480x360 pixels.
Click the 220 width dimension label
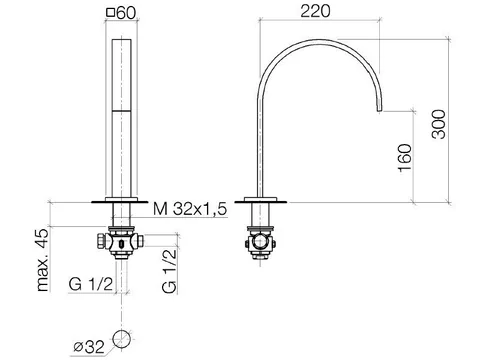(x=315, y=11)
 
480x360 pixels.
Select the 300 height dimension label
(x=438, y=124)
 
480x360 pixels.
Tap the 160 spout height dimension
(x=405, y=158)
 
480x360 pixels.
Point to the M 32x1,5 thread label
(x=190, y=209)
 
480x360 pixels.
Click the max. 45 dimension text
(x=43, y=260)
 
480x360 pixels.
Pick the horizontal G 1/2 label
(x=91, y=284)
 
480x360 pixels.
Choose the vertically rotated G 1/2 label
(x=169, y=271)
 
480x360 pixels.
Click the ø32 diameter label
(x=89, y=347)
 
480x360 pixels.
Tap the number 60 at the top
(x=126, y=13)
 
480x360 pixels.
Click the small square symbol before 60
(x=110, y=13)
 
